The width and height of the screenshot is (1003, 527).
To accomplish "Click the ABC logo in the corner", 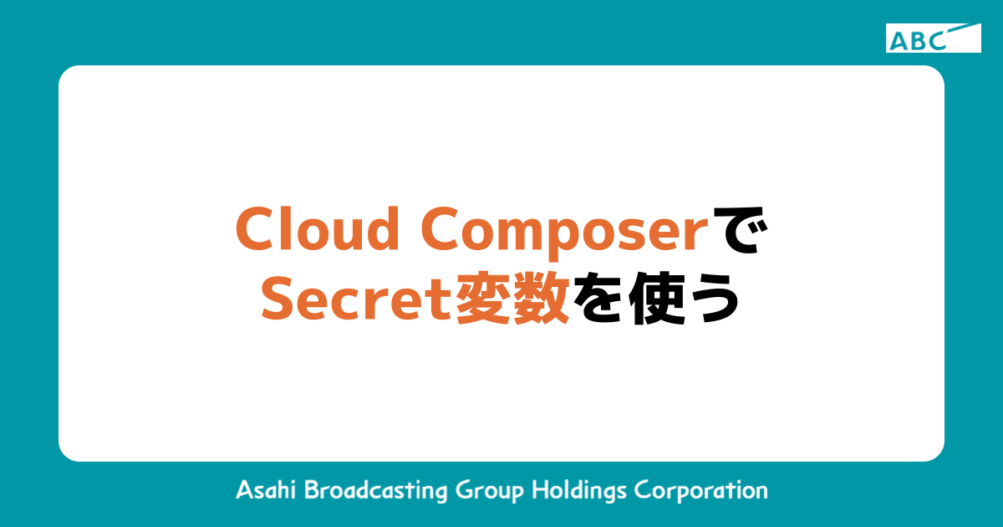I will point(933,38).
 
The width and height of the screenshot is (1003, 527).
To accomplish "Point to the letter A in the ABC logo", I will point(899,40).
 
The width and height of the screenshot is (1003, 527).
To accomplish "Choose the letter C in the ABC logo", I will point(935,40).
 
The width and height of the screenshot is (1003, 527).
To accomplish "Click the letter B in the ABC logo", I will point(917,40).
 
